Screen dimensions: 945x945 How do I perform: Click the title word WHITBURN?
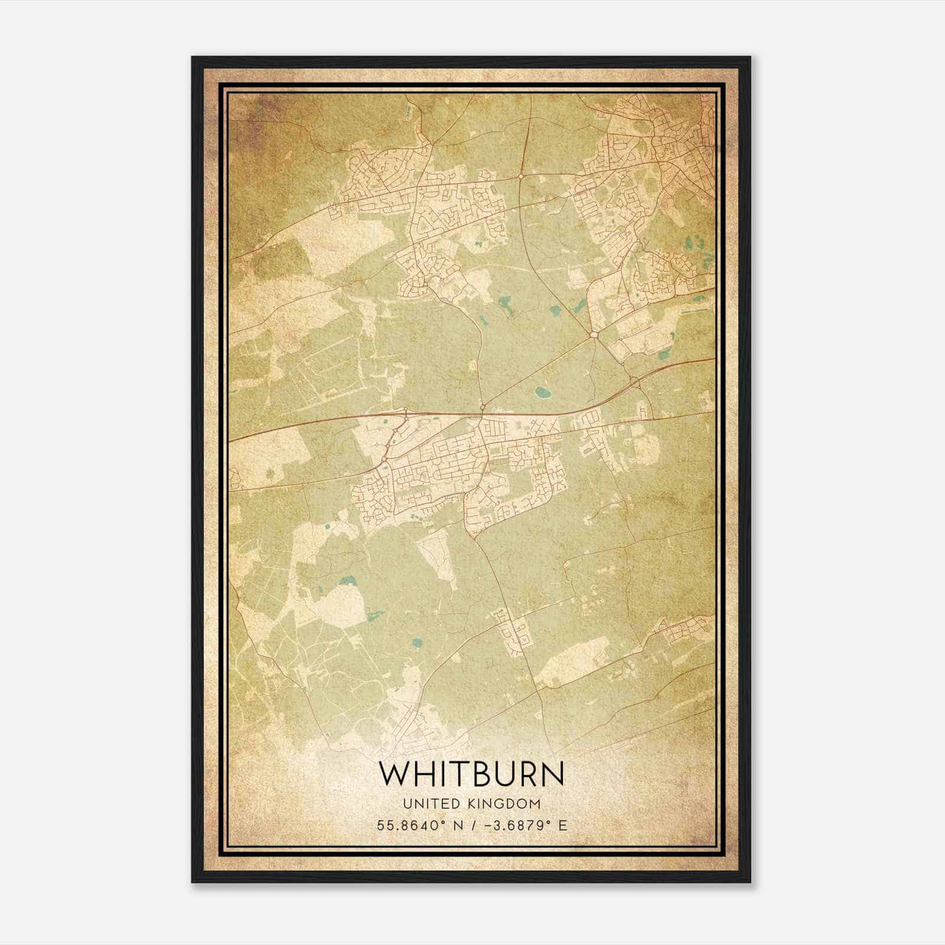pyautogui.click(x=471, y=774)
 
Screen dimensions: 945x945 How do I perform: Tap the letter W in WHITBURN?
pyautogui.click(x=392, y=774)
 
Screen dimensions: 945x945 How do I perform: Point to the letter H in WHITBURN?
pyautogui.click(x=422, y=774)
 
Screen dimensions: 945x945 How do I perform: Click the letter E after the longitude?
pyautogui.click(x=563, y=825)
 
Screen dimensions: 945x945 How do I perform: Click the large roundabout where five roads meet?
pyautogui.click(x=593, y=335)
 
